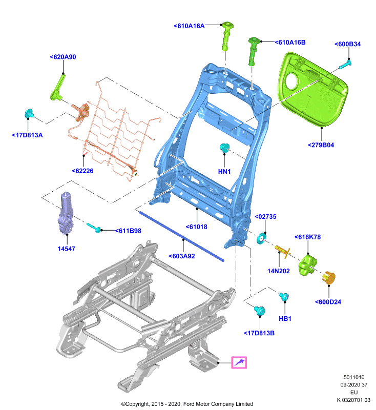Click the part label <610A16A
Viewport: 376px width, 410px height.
[189, 26]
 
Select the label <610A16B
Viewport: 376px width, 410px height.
[290, 43]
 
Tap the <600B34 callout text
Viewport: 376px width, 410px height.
[347, 44]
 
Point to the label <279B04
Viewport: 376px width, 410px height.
[321, 145]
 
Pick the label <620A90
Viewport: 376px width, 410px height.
[63, 57]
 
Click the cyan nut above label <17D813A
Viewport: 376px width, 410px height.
[29, 113]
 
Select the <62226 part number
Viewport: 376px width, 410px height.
[82, 171]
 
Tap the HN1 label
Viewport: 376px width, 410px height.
[224, 172]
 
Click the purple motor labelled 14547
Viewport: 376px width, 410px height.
[66, 213]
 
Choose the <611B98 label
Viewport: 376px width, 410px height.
[128, 231]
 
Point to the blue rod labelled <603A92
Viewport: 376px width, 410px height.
[182, 236]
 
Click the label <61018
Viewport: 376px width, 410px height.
[197, 227]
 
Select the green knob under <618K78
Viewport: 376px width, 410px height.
[308, 265]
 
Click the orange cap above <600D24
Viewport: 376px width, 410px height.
[329, 278]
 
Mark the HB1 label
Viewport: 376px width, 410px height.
[285, 319]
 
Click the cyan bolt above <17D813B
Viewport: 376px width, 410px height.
[260, 311]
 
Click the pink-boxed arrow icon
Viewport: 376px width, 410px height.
[239, 363]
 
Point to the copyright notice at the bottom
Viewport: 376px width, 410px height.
[187, 404]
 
